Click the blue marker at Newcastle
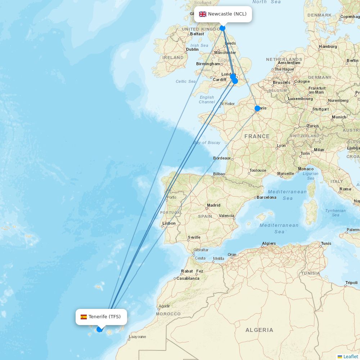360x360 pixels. click(x=222, y=28)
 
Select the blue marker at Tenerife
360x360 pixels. click(x=99, y=329)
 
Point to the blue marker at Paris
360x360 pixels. click(x=257, y=108)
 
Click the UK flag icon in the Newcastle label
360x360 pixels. click(x=203, y=14)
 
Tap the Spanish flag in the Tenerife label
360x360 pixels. click(x=84, y=317)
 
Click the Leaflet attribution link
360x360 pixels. click(x=350, y=356)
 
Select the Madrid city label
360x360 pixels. click(x=213, y=205)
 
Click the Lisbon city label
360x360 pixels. click(x=169, y=223)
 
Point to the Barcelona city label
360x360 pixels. click(x=267, y=197)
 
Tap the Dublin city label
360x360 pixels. click(x=192, y=50)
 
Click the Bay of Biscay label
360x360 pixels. click(x=207, y=143)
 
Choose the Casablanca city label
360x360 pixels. click(x=188, y=278)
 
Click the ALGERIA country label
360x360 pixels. click(x=259, y=330)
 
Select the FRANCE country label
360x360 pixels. click(x=257, y=136)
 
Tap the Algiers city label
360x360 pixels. click(x=269, y=243)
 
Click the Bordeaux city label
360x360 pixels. click(x=222, y=158)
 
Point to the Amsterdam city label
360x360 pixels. click(x=289, y=63)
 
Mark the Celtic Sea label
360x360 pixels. click(x=186, y=81)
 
